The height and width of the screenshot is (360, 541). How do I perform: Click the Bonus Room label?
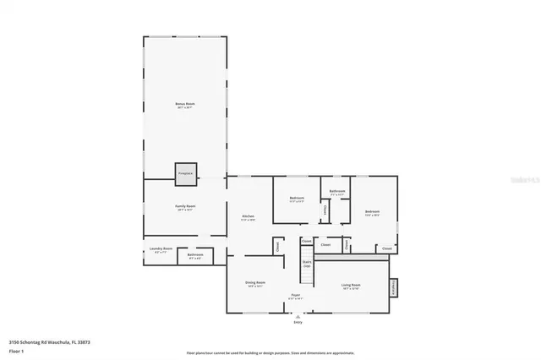[x=184, y=104]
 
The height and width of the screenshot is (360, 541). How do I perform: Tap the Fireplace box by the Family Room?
[x=185, y=173]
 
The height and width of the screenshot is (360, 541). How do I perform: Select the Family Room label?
[x=185, y=207]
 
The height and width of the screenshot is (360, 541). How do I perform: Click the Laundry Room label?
[x=161, y=249]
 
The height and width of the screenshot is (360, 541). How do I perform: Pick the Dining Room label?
[x=256, y=283]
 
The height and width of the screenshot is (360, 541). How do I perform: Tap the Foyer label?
[x=296, y=296]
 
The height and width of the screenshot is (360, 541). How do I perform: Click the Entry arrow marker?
[x=297, y=317]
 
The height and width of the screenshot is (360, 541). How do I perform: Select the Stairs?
[x=307, y=264]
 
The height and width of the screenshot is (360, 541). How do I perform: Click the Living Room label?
[x=351, y=286]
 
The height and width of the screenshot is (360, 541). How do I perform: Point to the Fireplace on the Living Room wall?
[x=393, y=287]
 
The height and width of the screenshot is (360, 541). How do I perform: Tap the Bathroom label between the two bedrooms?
[x=336, y=192]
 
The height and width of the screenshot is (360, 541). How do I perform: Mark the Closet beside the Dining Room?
[x=276, y=247]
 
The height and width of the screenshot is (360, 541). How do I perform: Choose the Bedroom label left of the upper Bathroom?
[x=297, y=199]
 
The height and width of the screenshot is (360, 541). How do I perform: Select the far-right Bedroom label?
[x=372, y=212]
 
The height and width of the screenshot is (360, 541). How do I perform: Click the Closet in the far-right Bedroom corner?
[x=386, y=248]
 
